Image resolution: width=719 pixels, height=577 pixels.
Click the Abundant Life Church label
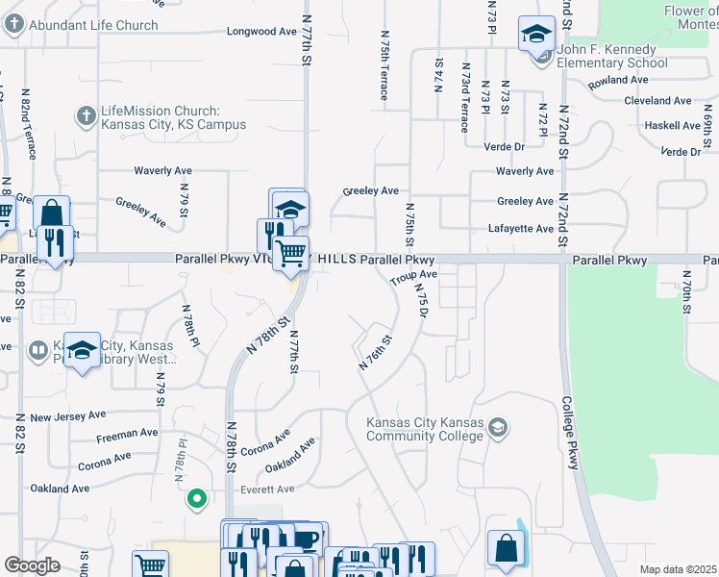(93, 25)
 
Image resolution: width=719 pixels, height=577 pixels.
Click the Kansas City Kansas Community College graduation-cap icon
(497, 427)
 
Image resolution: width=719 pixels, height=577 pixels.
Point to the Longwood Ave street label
(261, 32)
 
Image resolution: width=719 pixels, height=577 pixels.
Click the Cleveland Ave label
(657, 101)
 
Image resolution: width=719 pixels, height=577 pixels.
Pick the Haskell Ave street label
(673, 126)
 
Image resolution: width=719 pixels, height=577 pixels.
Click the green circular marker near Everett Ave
(196, 498)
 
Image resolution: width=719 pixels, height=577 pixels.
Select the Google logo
(32, 565)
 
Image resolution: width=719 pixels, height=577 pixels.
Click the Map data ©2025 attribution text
(678, 569)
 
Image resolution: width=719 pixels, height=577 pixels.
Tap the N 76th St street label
(376, 353)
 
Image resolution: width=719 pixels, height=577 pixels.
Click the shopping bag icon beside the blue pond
(506, 548)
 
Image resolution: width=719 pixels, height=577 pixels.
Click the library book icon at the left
(38, 349)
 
